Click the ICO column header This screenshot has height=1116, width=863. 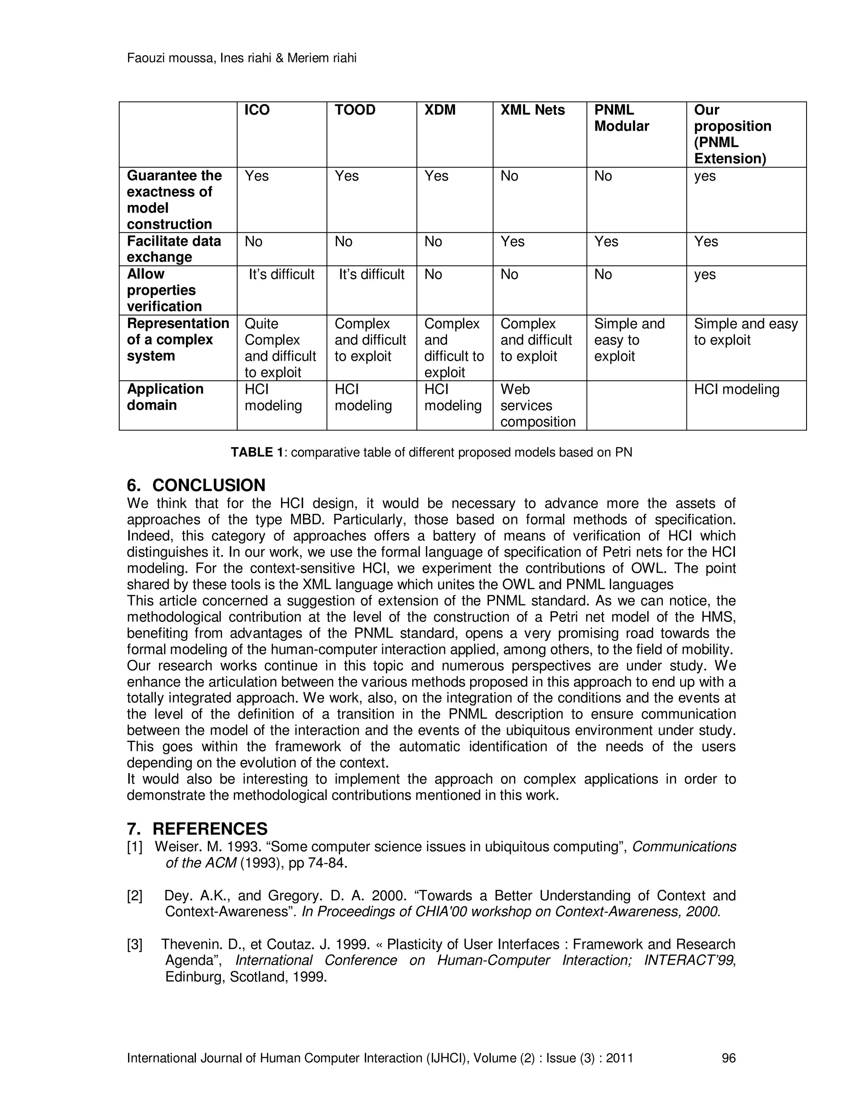coord(257,110)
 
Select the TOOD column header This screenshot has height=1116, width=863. coord(355,110)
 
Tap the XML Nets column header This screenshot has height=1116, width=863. coord(532,110)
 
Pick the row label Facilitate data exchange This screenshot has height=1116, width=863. coord(174,249)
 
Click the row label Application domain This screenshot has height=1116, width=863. coord(165,397)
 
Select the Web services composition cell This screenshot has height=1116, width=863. coord(537,405)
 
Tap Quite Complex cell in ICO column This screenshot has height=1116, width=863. coord(280,347)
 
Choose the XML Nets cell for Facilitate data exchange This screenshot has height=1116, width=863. coord(512,241)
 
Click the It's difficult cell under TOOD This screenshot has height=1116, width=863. coord(371,275)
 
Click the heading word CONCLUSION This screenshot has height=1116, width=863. coord(209,485)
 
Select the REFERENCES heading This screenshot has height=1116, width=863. coord(209,828)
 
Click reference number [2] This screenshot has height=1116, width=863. coord(134,896)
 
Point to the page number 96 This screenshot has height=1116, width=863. coord(728,1058)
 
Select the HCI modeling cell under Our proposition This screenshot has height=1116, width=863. coord(736,390)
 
